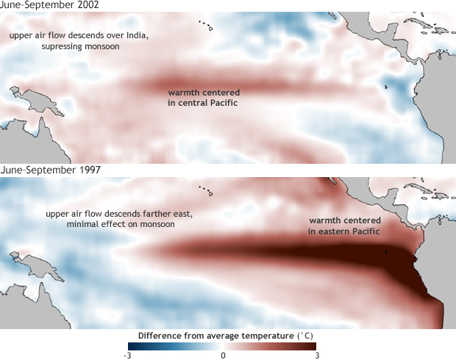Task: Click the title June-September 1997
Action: [51, 170]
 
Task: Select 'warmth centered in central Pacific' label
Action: [203, 98]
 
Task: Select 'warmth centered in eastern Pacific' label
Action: [343, 226]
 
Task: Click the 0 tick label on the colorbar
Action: [223, 356]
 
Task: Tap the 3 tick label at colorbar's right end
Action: [316, 356]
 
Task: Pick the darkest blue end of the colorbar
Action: [130, 346]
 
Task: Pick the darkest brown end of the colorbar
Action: [314, 346]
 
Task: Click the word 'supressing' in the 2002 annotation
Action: [65, 46]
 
